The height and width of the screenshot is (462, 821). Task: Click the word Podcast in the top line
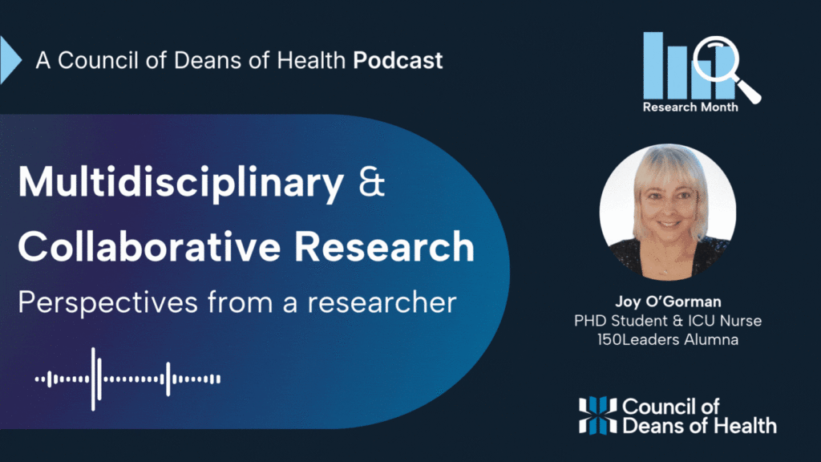pos(398,60)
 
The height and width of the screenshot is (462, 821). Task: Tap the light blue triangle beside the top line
pos(10,59)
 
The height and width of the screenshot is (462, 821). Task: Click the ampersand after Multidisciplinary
pos(372,181)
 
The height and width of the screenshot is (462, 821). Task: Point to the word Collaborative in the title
pos(149,246)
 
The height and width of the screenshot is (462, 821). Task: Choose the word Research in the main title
pos(384,246)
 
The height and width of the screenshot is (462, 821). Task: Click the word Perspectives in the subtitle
pos(108,302)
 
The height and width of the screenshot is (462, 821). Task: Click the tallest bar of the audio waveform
pos(93,379)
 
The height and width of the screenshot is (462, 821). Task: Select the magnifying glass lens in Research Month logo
pos(715,58)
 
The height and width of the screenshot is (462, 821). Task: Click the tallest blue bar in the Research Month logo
pos(653,65)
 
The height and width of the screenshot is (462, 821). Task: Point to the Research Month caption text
pos(690,107)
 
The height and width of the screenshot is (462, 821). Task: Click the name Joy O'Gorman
pos(668,302)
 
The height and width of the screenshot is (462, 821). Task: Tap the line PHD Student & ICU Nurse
pos(668,321)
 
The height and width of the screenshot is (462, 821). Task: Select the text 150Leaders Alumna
pos(668,339)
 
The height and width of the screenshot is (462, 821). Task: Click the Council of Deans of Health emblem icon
pos(597,415)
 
